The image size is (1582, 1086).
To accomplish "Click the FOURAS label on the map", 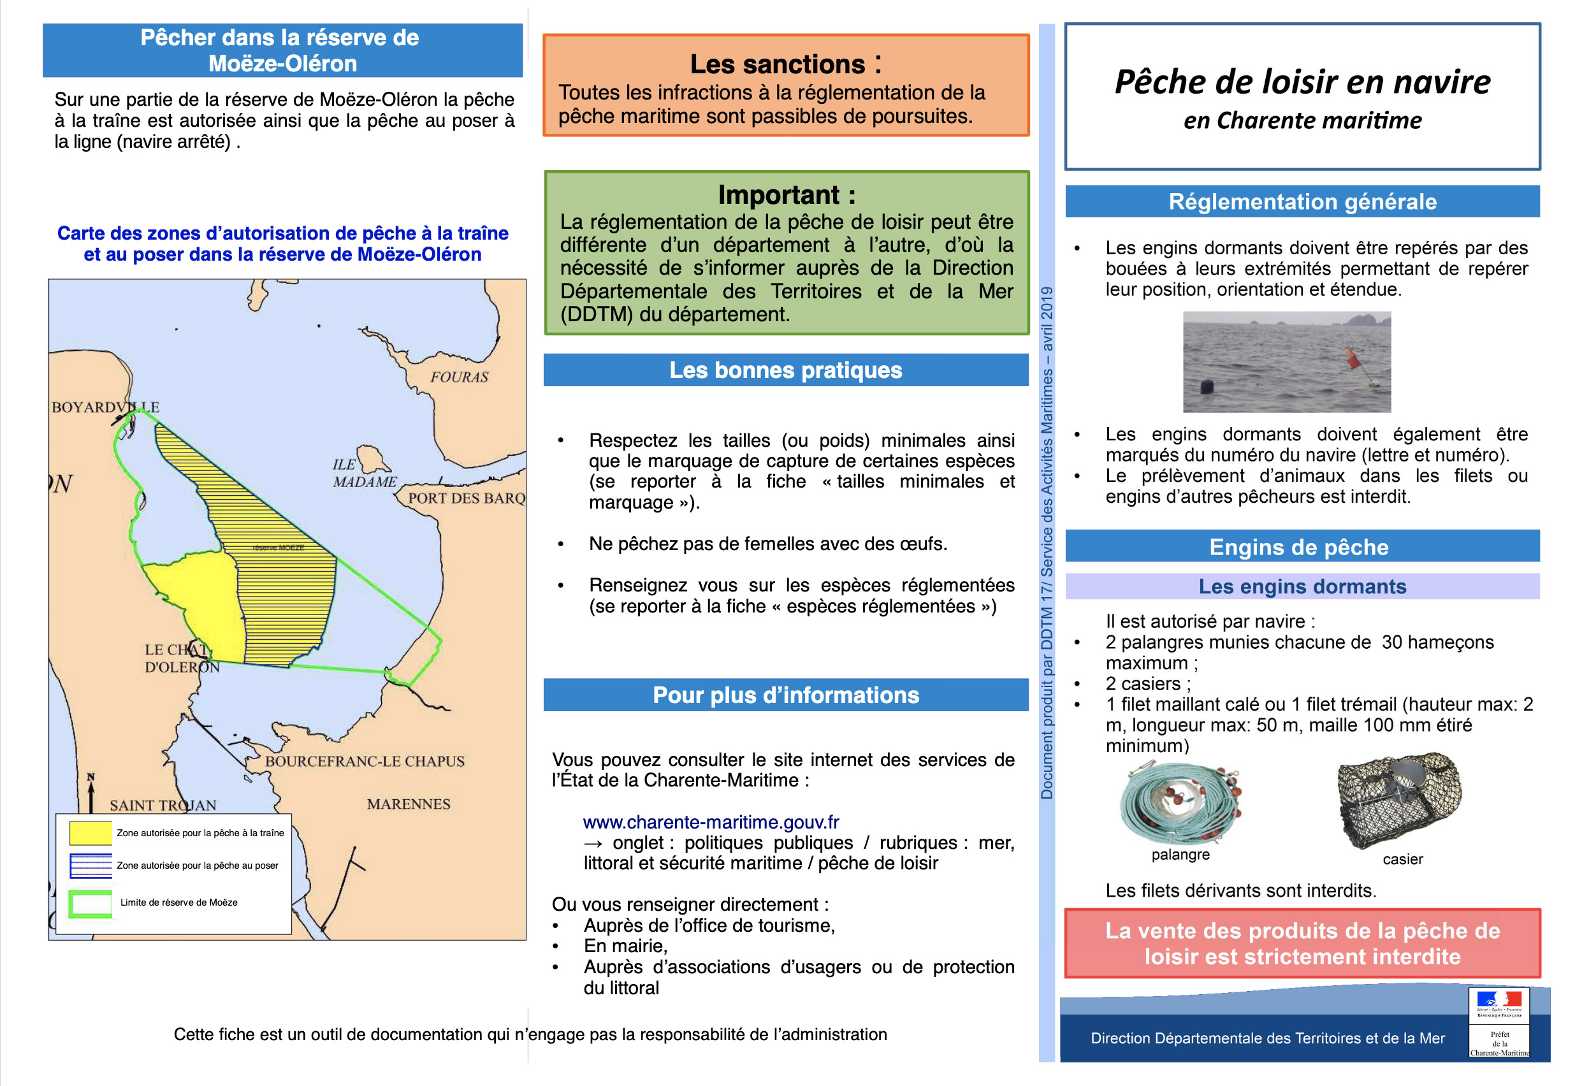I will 459,376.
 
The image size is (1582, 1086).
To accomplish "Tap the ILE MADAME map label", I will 363,473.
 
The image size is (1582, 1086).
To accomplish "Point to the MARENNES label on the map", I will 409,804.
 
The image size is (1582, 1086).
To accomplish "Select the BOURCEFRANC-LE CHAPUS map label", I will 364,761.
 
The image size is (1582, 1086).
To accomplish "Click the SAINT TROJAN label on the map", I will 163,805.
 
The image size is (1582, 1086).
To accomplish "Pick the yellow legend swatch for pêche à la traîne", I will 91,833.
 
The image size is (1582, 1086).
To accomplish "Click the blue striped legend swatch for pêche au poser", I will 91,865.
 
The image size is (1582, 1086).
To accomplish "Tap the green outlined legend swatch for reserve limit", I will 91,903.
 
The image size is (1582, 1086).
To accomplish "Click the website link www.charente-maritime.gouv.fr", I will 711,822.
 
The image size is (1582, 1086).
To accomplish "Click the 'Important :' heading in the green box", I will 787,195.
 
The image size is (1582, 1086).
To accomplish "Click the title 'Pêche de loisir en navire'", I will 1302,82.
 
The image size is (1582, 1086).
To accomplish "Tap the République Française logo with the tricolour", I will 1499,1004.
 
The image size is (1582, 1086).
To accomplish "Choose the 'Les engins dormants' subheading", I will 1302,586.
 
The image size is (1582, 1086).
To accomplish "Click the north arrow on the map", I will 91,793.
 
